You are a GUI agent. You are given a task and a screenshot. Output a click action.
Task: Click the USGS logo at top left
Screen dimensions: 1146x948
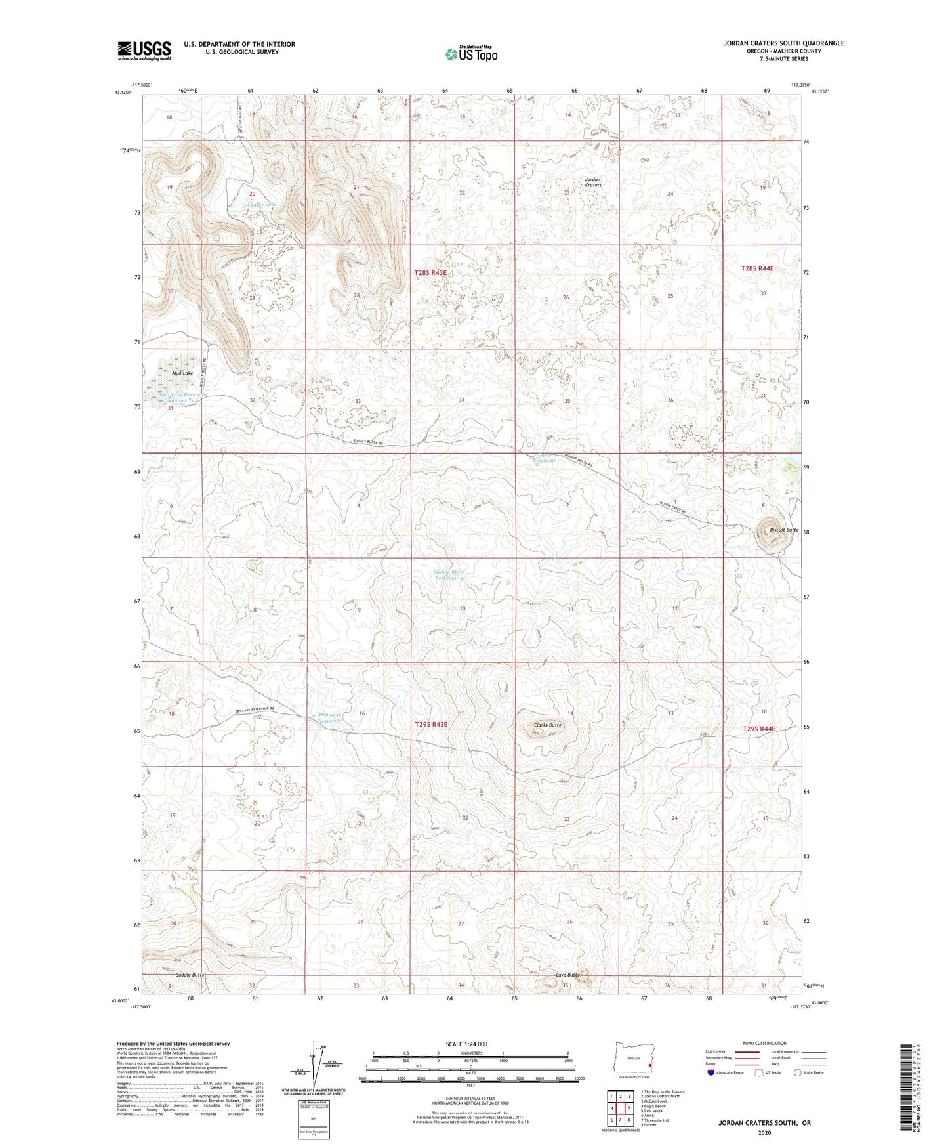(144, 50)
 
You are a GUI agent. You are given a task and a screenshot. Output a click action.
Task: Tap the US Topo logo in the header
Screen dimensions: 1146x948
(470, 54)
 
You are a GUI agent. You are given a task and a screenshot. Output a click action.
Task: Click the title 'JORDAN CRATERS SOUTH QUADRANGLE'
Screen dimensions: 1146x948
(783, 43)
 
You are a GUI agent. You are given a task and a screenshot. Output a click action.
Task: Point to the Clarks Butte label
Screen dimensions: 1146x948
(547, 725)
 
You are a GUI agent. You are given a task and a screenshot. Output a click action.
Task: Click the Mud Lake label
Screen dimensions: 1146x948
(182, 373)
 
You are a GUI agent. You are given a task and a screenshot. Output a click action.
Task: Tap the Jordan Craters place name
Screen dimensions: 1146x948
(592, 182)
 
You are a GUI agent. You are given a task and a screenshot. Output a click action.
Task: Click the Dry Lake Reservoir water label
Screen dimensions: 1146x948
(330, 717)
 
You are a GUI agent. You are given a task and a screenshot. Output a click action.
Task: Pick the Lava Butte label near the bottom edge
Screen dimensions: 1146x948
(569, 975)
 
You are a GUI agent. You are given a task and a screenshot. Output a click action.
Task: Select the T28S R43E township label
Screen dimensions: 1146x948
(430, 272)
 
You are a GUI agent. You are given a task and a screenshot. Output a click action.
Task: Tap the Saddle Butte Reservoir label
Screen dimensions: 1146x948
(449, 575)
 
